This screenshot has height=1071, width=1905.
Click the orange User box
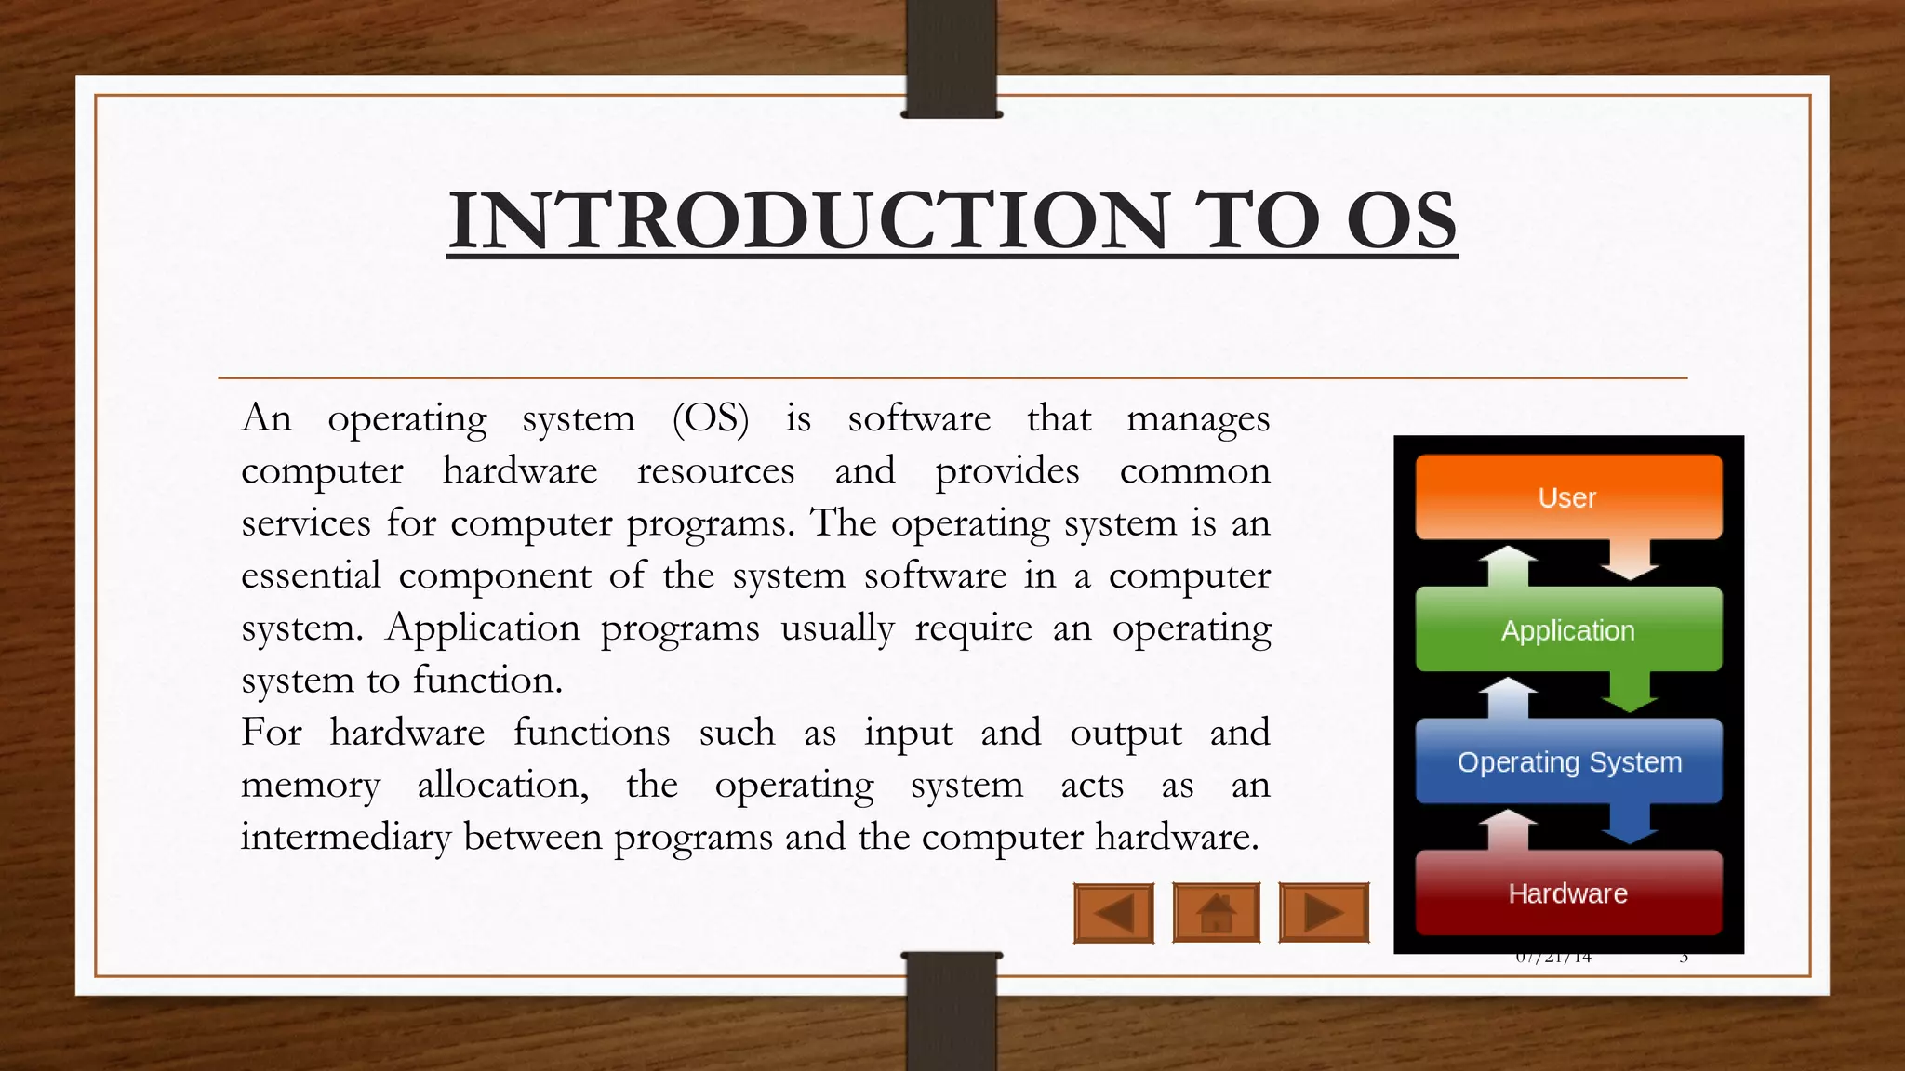coord(1567,497)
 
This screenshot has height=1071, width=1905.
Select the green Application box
coord(1567,629)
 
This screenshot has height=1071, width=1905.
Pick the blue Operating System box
coord(1568,761)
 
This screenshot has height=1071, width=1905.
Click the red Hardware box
coord(1567,892)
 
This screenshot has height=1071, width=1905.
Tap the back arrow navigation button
coord(1113,913)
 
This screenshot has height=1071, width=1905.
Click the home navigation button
coord(1216,913)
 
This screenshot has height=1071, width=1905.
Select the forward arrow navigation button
coord(1324,913)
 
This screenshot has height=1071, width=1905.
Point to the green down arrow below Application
coord(1629,692)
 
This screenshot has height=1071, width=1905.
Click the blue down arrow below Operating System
coord(1629,824)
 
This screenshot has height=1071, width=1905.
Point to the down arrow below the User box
coord(1629,560)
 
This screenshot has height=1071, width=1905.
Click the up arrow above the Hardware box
coord(1508,829)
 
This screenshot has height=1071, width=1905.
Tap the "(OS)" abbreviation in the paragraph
coord(711,418)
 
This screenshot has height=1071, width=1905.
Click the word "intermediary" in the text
coord(346,837)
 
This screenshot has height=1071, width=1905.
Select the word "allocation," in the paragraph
coord(502,785)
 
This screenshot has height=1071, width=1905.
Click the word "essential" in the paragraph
coord(311,575)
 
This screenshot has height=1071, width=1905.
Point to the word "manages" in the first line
coord(1198,418)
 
